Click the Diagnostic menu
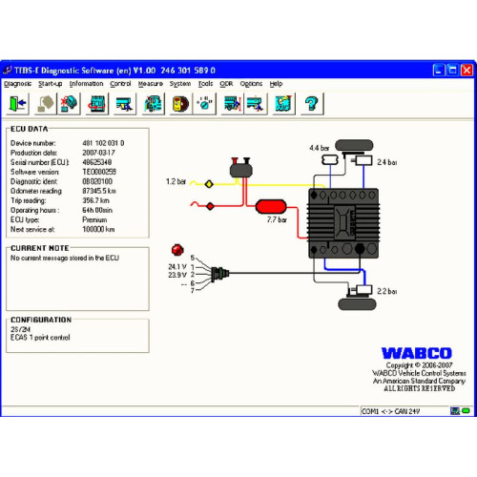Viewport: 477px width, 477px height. (x=18, y=84)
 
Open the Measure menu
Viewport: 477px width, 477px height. (x=150, y=84)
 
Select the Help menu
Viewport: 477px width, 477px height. (x=276, y=84)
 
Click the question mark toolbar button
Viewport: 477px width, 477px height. (x=310, y=102)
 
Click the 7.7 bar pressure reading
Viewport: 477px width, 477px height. (x=279, y=220)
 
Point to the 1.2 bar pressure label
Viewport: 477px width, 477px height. (x=176, y=181)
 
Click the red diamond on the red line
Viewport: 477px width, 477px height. (x=209, y=204)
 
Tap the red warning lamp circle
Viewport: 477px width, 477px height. (x=176, y=249)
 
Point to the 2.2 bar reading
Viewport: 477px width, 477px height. (x=387, y=291)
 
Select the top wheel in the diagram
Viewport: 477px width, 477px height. (x=355, y=145)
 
